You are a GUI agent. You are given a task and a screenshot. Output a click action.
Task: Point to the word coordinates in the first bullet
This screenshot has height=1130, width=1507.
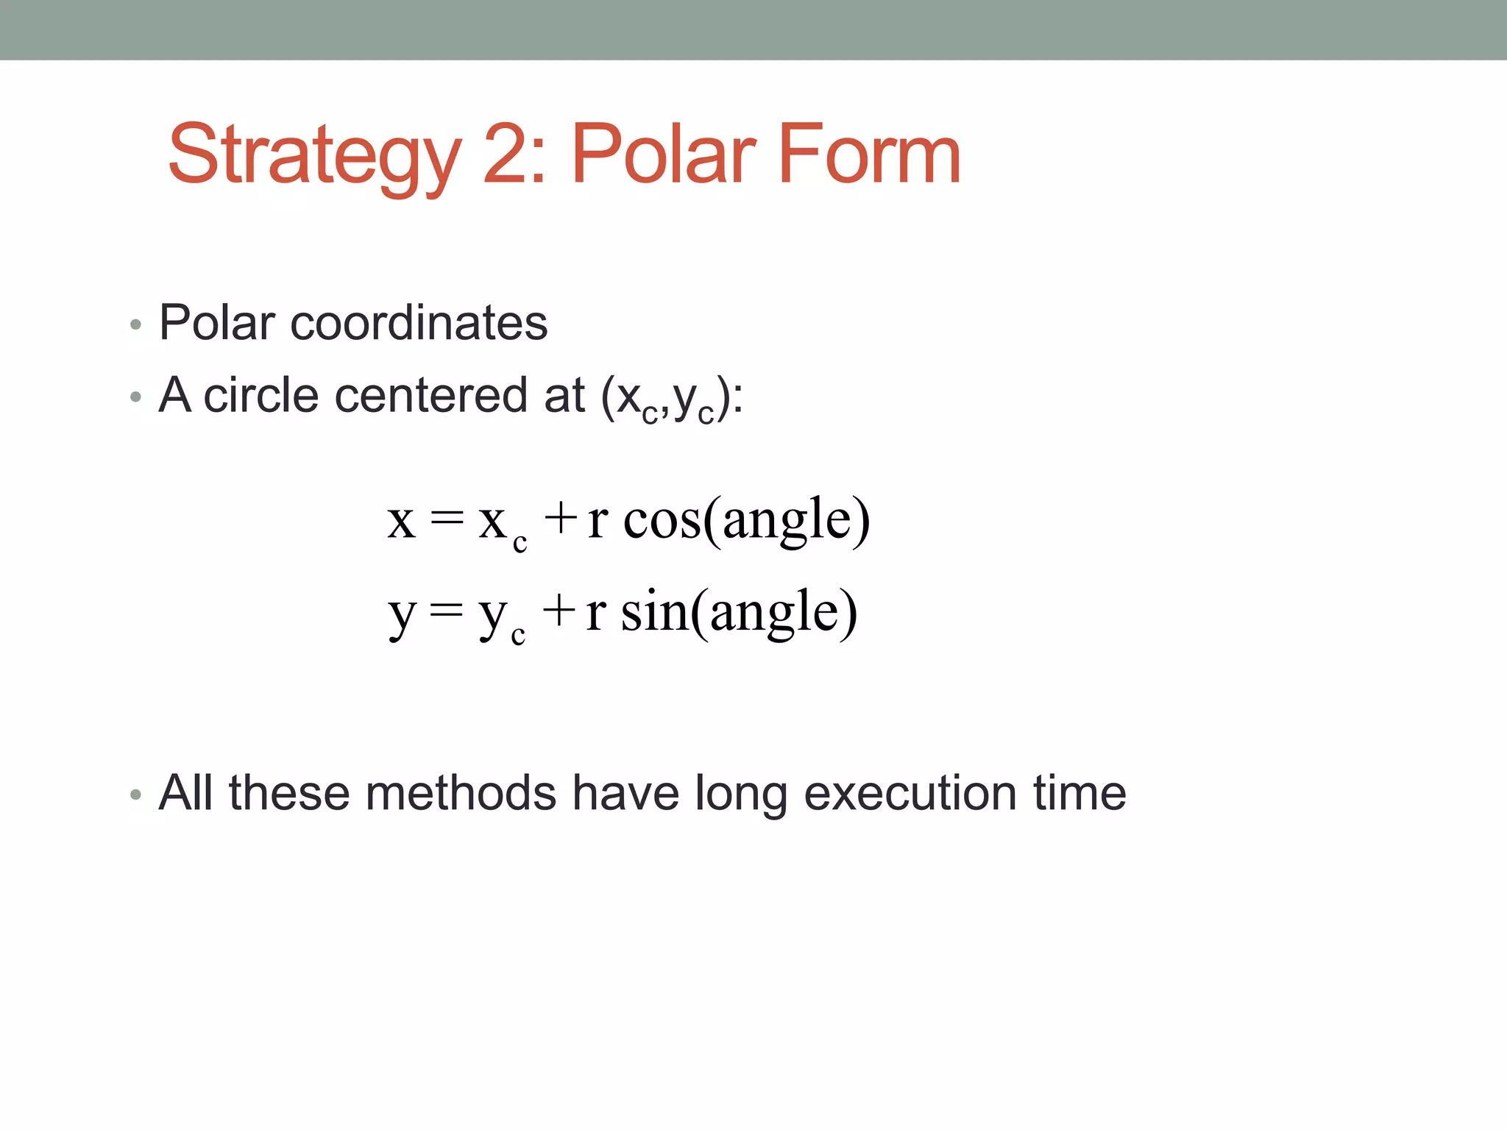pos(419,323)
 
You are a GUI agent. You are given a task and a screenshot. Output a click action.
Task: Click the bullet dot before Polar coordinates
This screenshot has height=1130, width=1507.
pos(135,324)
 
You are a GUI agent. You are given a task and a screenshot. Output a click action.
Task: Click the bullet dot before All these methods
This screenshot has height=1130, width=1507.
pos(135,795)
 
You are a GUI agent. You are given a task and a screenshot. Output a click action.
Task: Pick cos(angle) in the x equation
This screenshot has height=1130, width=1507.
pos(746,519)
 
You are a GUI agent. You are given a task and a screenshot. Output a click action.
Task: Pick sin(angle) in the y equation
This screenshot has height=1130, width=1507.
pos(739,612)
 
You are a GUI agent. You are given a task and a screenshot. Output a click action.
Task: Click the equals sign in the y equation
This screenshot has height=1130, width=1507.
pos(447,611)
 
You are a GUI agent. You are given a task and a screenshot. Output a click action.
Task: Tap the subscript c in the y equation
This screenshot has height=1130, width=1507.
pos(518,635)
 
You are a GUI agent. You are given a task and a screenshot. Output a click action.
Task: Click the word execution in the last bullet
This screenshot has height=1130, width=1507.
pos(910,793)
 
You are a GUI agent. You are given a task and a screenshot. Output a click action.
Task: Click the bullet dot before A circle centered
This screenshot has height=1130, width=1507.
pos(135,397)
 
